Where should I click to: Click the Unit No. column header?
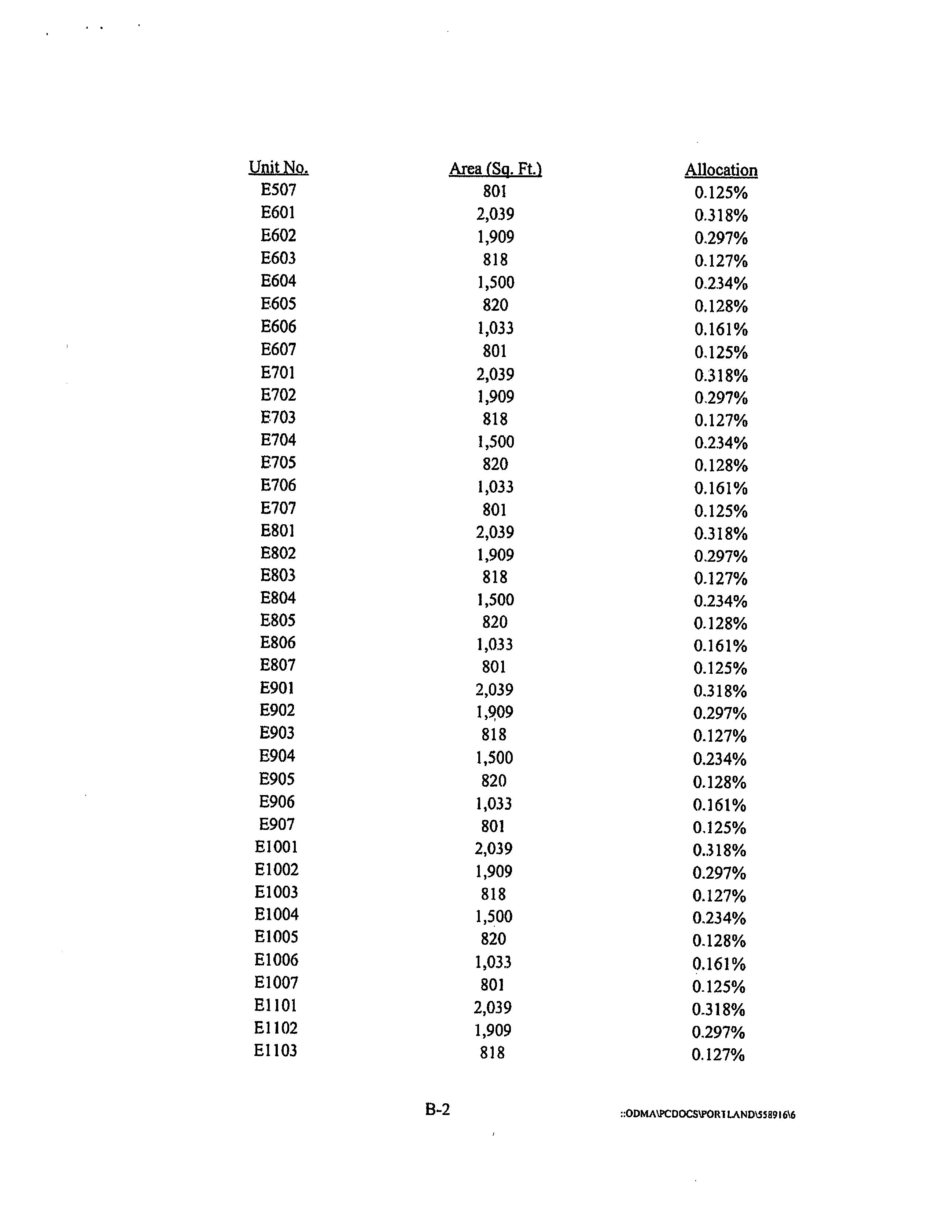[x=278, y=167]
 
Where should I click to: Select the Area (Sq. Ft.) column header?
[x=495, y=168]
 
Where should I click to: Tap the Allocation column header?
[x=721, y=170]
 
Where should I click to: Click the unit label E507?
[x=278, y=190]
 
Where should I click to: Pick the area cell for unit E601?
[x=495, y=214]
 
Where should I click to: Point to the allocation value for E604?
[x=721, y=283]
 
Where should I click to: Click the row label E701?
[x=277, y=373]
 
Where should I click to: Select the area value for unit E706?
[x=495, y=487]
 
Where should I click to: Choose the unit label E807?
[x=277, y=665]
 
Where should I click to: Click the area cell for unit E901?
[x=494, y=689]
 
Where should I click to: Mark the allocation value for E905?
[x=719, y=782]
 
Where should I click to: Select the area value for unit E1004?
[x=494, y=916]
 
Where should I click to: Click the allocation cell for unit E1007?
[x=719, y=986]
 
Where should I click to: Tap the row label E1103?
[x=275, y=1050]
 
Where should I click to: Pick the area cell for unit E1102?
[x=493, y=1030]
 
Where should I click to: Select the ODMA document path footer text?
[x=707, y=1114]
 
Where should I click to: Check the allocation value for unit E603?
[x=721, y=260]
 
